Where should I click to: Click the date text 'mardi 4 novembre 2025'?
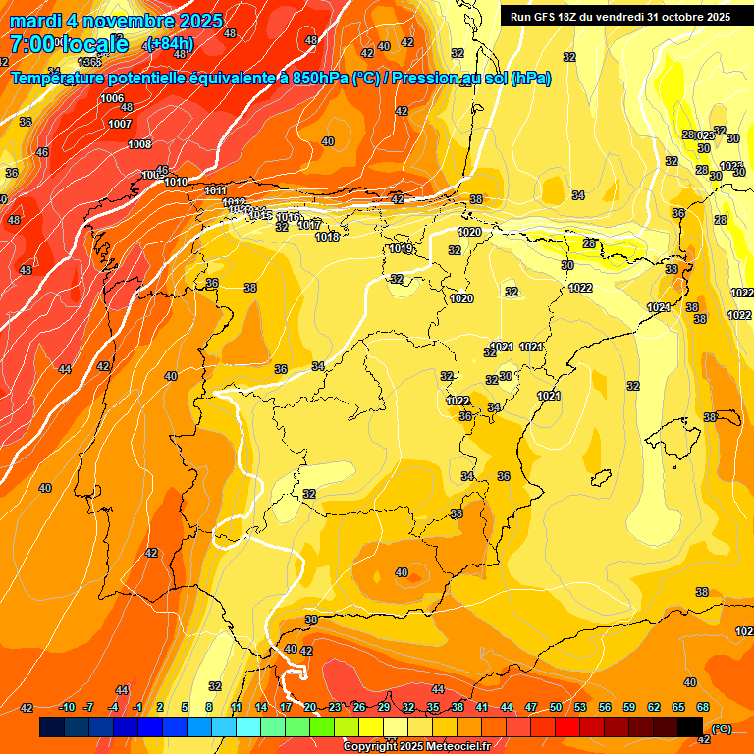tap(116, 20)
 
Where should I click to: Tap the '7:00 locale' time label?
tap(69, 43)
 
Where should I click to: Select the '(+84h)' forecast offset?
tap(170, 43)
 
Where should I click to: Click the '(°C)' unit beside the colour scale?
tap(721, 728)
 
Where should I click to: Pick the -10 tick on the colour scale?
tap(67, 708)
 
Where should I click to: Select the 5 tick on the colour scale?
tap(186, 708)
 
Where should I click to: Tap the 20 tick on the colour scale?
tap(310, 708)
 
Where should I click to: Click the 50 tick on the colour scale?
tap(556, 708)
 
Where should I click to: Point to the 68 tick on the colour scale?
tap(703, 708)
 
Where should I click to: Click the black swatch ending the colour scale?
tap(690, 727)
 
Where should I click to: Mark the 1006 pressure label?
tap(112, 98)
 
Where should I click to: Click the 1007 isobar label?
tap(120, 124)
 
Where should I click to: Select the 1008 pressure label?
tap(139, 144)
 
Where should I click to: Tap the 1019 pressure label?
tap(401, 248)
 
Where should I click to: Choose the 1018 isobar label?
tap(328, 237)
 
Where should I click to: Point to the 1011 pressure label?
tap(216, 190)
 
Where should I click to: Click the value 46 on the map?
tap(42, 152)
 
